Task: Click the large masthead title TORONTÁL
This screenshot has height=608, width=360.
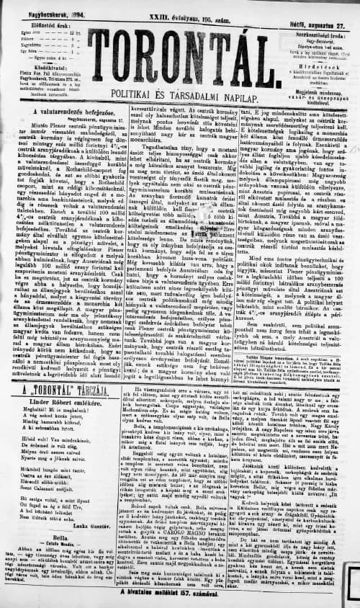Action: tap(180, 53)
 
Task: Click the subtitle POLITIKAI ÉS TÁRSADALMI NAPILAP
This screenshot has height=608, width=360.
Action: tap(180, 94)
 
